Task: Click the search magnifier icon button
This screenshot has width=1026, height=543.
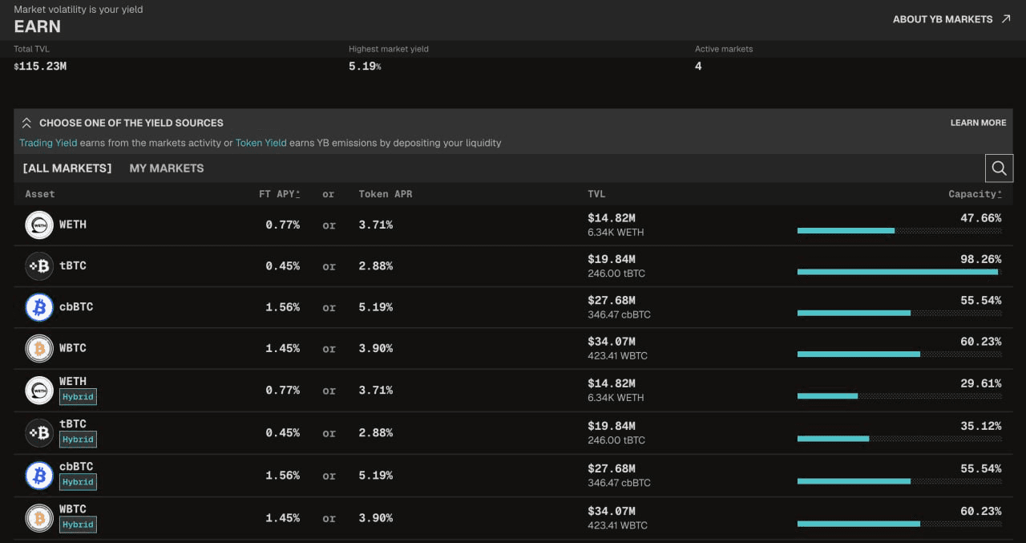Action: pyautogui.click(x=999, y=168)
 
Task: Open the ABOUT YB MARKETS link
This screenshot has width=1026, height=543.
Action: pyautogui.click(x=951, y=19)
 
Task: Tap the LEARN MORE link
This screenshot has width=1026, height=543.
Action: pyautogui.click(x=978, y=123)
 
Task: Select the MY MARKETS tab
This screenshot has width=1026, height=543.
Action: pyautogui.click(x=166, y=168)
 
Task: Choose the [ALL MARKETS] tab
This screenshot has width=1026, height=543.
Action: pyautogui.click(x=67, y=168)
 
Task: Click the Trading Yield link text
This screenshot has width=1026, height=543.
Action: pyautogui.click(x=48, y=143)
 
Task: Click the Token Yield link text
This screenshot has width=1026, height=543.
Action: pyautogui.click(x=261, y=143)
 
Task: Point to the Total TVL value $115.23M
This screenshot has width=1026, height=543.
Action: pyautogui.click(x=40, y=67)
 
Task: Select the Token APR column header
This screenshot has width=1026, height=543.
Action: pyautogui.click(x=386, y=194)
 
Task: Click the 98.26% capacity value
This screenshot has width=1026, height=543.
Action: pyautogui.click(x=980, y=259)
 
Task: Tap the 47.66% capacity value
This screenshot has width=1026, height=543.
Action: pyautogui.click(x=980, y=218)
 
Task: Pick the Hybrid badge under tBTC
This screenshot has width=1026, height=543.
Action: pyautogui.click(x=78, y=440)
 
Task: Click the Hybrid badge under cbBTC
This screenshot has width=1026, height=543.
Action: pyautogui.click(x=78, y=482)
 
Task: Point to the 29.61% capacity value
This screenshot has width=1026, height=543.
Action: pyautogui.click(x=980, y=383)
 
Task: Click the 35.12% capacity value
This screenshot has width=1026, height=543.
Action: pyautogui.click(x=980, y=426)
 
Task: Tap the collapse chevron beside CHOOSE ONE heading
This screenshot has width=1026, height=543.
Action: pyautogui.click(x=26, y=123)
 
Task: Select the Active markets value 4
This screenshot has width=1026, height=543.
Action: pyautogui.click(x=698, y=67)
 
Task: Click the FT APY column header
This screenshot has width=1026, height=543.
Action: pyautogui.click(x=280, y=194)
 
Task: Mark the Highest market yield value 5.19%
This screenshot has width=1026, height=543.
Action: pyautogui.click(x=365, y=67)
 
